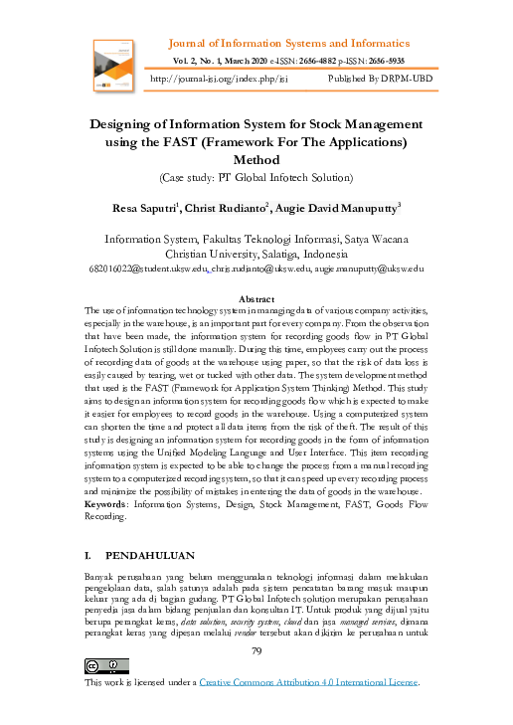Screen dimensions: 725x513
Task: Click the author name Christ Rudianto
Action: [235, 208]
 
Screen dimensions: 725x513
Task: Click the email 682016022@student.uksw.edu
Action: [147, 269]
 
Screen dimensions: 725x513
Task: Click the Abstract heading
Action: [256, 298]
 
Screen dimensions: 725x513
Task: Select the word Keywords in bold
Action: [110, 505]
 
